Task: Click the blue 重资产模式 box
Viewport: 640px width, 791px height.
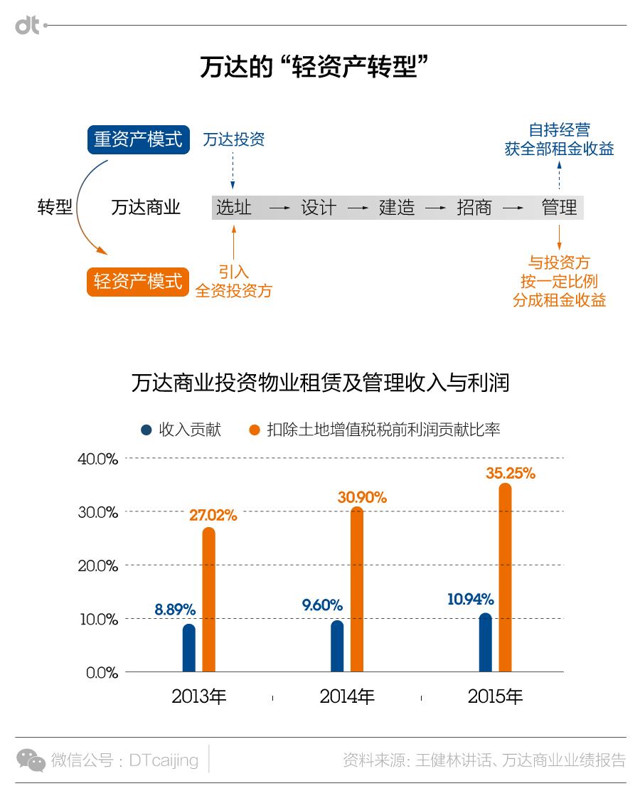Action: click(x=139, y=139)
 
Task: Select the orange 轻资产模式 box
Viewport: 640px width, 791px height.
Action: click(x=138, y=281)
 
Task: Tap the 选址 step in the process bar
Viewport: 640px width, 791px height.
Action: click(x=234, y=208)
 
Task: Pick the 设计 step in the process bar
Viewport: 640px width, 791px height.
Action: click(x=318, y=208)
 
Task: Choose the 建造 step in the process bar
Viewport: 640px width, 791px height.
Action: click(x=396, y=208)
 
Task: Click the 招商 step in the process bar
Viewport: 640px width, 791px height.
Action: click(x=474, y=208)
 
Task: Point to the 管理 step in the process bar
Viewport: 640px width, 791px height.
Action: click(x=559, y=208)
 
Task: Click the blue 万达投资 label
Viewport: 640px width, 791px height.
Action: click(x=233, y=139)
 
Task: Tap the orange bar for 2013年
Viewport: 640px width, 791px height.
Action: click(x=208, y=600)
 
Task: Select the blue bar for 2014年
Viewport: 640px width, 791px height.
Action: click(x=337, y=646)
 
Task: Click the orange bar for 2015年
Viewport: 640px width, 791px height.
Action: click(x=505, y=578)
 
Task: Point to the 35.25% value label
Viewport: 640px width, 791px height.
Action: click(x=511, y=473)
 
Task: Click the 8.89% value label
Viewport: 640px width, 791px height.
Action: click(x=175, y=610)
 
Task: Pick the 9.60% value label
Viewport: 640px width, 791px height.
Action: click(x=322, y=605)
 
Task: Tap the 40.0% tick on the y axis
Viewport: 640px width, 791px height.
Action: click(x=97, y=459)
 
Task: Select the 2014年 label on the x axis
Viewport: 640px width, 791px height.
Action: click(x=347, y=696)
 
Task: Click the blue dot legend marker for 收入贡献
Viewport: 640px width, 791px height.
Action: click(x=146, y=430)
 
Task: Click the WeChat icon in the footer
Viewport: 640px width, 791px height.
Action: click(x=31, y=760)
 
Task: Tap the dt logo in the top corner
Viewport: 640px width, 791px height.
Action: click(x=28, y=26)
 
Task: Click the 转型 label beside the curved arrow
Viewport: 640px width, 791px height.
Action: click(x=55, y=208)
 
